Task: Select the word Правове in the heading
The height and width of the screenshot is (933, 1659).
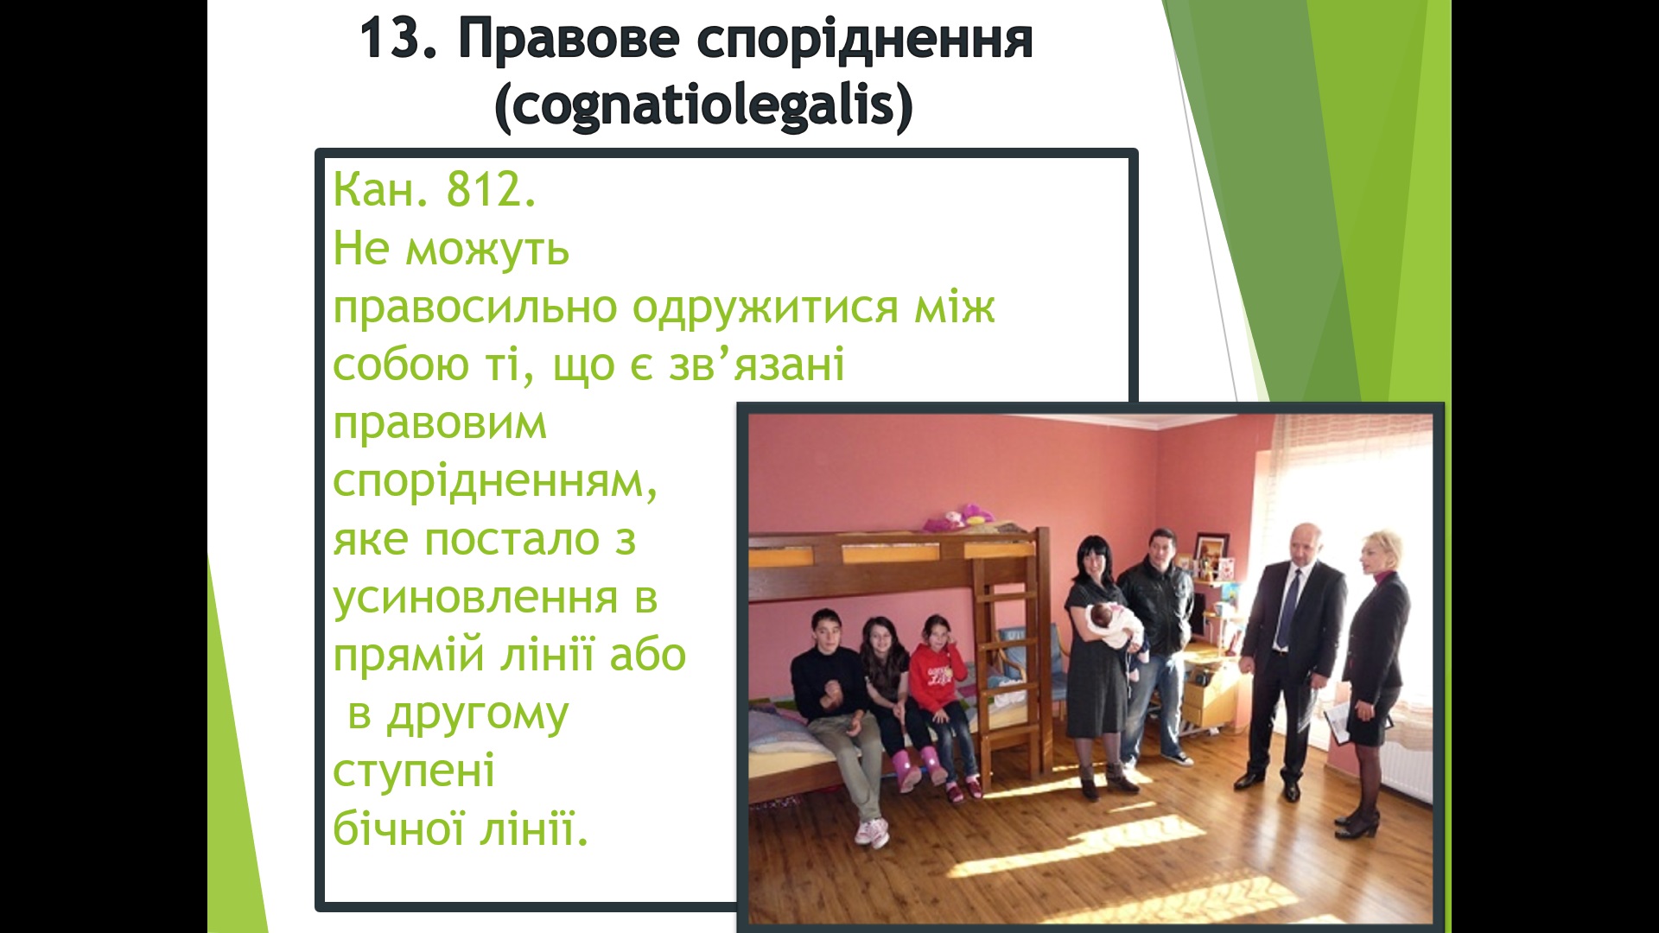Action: point(568,40)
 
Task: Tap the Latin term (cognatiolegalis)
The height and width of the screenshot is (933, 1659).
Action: point(703,105)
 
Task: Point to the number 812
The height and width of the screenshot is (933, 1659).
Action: point(491,189)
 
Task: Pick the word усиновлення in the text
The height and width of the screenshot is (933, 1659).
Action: point(476,598)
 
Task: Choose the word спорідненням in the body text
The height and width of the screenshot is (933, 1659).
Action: point(495,482)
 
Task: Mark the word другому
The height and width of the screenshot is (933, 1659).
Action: point(477,715)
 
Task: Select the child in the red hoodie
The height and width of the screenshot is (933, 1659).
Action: point(942,704)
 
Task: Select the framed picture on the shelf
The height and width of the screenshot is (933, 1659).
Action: point(1210,553)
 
